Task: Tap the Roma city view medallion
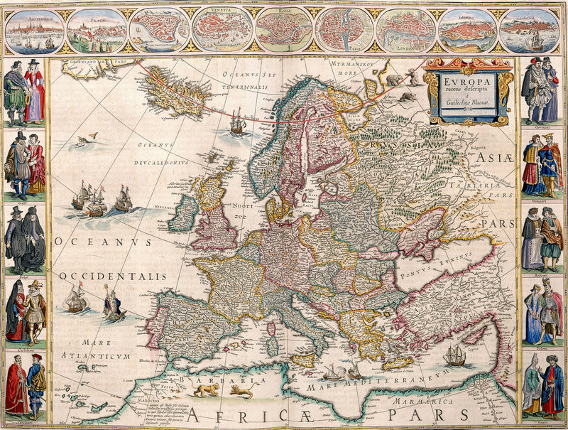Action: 283,30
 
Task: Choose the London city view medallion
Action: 405,30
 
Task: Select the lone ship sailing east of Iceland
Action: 237,122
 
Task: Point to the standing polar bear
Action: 393,80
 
